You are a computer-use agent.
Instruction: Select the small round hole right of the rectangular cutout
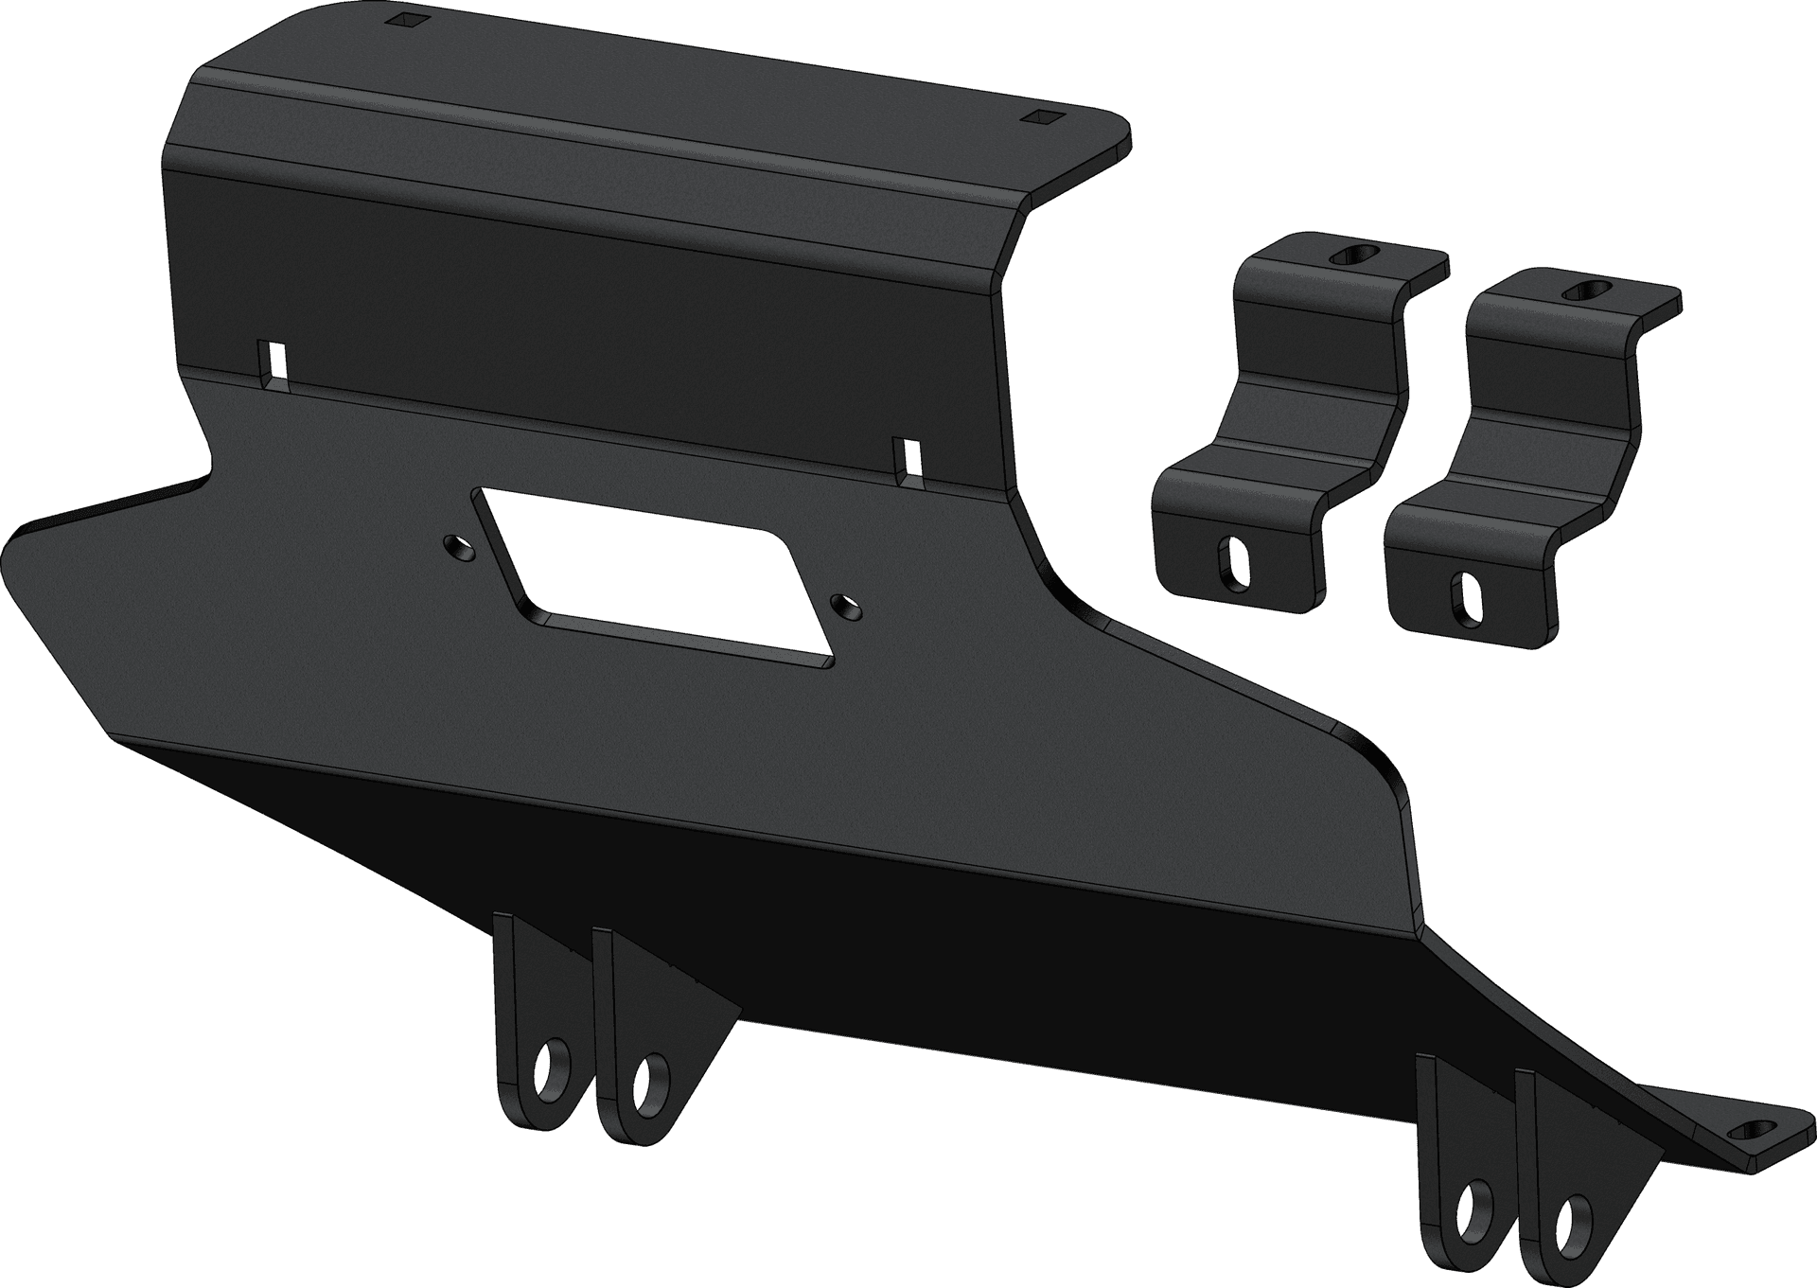[x=842, y=605]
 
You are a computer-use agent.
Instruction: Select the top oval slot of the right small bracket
[x=1585, y=291]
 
